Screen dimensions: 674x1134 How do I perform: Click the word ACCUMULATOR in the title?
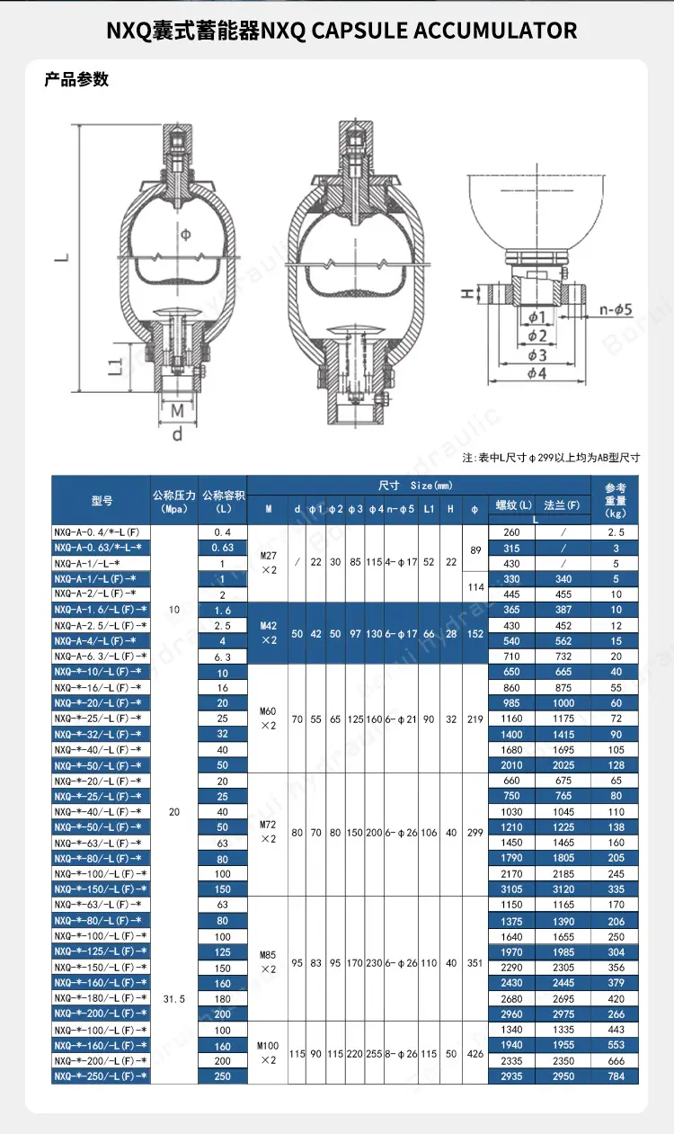pyautogui.click(x=495, y=31)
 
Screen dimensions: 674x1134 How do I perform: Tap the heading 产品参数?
pyautogui.click(x=76, y=79)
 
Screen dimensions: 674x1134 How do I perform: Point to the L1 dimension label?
pyautogui.click(x=116, y=367)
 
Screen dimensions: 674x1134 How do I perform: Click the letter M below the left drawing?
pyautogui.click(x=177, y=411)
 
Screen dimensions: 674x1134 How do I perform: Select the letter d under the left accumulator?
pyautogui.click(x=177, y=433)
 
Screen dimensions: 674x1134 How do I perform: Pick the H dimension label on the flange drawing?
pyautogui.click(x=468, y=293)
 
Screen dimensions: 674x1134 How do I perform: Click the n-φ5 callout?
pyautogui.click(x=616, y=309)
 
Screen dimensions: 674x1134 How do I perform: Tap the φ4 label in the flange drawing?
pyautogui.click(x=537, y=373)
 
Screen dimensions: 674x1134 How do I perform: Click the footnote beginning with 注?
pyautogui.click(x=551, y=458)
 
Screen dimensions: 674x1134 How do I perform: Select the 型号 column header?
pyautogui.click(x=102, y=501)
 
